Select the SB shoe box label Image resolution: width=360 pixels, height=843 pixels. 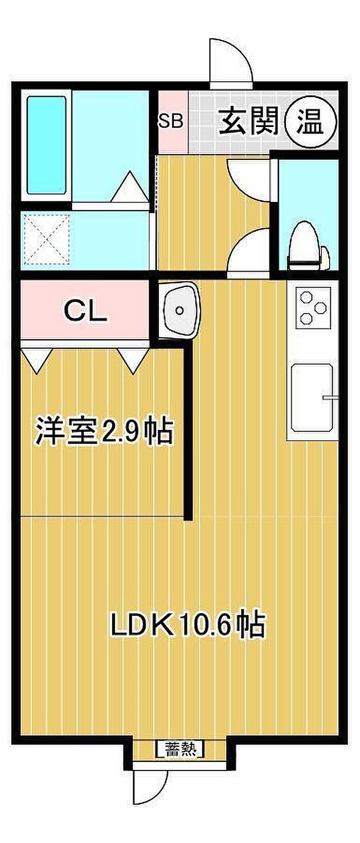point(171,121)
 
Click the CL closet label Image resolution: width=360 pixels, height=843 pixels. point(85,311)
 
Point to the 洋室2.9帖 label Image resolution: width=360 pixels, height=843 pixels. point(105,431)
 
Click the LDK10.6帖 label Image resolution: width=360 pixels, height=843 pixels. point(188,624)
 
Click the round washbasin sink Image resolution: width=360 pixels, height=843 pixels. point(179,310)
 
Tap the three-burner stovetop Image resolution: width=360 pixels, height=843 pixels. point(313,307)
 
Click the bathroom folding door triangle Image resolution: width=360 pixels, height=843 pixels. point(130,187)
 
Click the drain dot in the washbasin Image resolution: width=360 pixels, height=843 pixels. point(179,310)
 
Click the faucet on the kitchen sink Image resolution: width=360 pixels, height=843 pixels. point(330,397)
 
